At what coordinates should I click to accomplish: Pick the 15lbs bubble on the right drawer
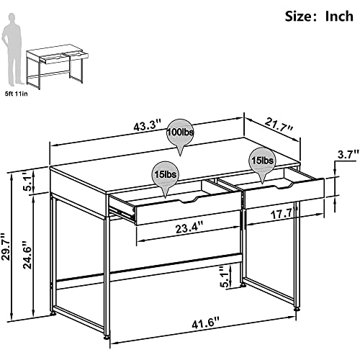coord(261,159)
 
